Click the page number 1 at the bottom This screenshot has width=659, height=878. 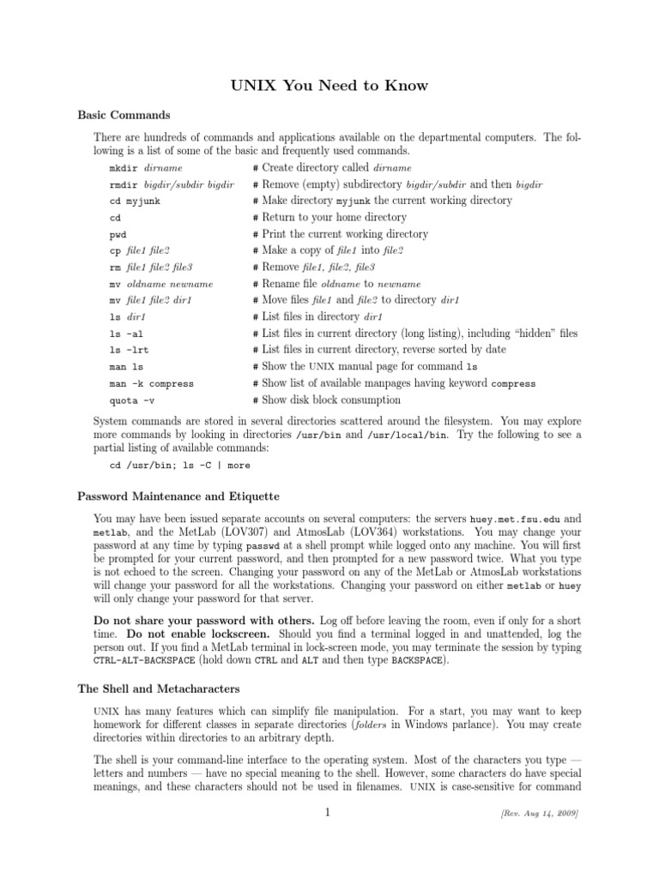pos(329,814)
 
